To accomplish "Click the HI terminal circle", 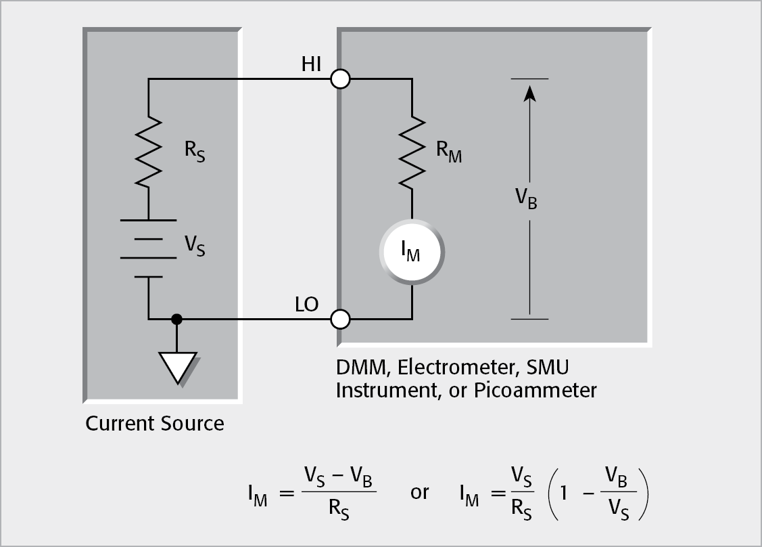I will coord(340,79).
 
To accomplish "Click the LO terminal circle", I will coord(340,318).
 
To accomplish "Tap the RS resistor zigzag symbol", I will coord(149,151).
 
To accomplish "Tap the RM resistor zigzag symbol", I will coord(412,151).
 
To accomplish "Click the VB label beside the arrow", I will coord(526,198).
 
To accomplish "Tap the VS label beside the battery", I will coord(195,246).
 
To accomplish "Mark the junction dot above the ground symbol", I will coord(177,318).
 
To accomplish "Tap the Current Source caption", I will coord(154,424).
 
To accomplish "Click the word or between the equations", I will coord(419,492).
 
